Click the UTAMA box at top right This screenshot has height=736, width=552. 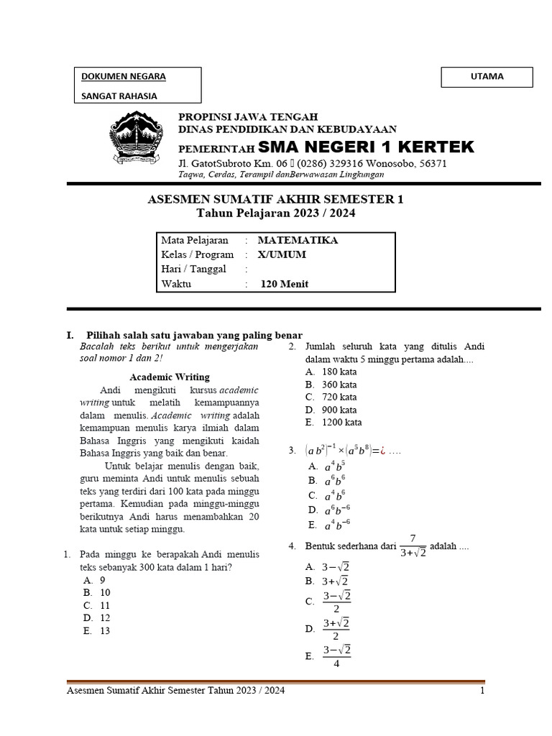point(487,76)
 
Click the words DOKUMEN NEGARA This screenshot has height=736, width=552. point(123,76)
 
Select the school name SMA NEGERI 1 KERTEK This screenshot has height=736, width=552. point(367,147)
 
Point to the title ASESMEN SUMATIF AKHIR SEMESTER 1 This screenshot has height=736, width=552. point(276,199)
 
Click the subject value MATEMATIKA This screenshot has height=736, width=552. point(298,241)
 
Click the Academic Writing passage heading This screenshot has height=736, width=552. point(169,377)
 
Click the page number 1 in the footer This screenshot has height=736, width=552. point(483,691)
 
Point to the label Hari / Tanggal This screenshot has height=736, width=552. point(193,269)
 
